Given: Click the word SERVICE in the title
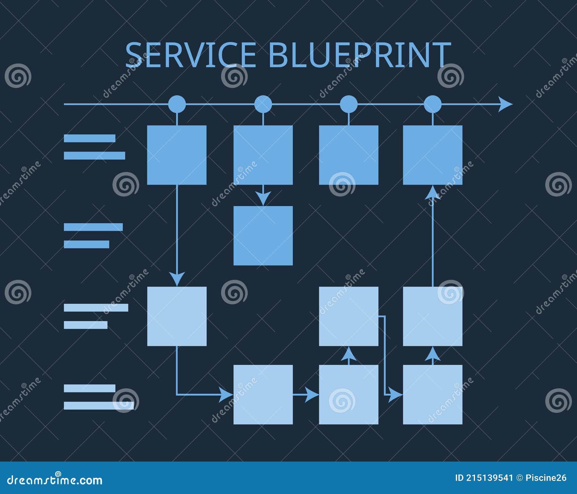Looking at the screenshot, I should click(x=190, y=55).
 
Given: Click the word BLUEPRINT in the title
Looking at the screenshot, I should click(x=359, y=55).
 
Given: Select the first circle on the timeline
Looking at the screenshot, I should click(x=177, y=104).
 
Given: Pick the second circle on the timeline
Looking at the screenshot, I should click(x=263, y=104).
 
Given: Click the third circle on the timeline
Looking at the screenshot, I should click(x=348, y=104).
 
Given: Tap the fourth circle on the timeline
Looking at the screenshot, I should click(x=432, y=104).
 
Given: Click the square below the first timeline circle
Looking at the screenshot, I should click(x=177, y=155).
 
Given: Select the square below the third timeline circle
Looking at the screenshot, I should click(x=348, y=155).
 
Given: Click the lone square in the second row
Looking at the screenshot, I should click(x=263, y=235).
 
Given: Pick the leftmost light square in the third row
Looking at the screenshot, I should click(x=177, y=316).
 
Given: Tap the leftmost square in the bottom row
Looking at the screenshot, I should click(x=263, y=394).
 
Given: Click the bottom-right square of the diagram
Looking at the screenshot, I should click(x=432, y=394).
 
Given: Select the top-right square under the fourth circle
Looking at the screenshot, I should click(x=432, y=155).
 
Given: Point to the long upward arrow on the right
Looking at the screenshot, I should click(x=432, y=238).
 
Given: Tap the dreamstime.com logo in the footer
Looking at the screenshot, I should click(x=55, y=480).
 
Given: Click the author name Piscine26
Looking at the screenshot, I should click(x=546, y=478).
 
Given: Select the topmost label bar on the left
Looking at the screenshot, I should click(x=89, y=138).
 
